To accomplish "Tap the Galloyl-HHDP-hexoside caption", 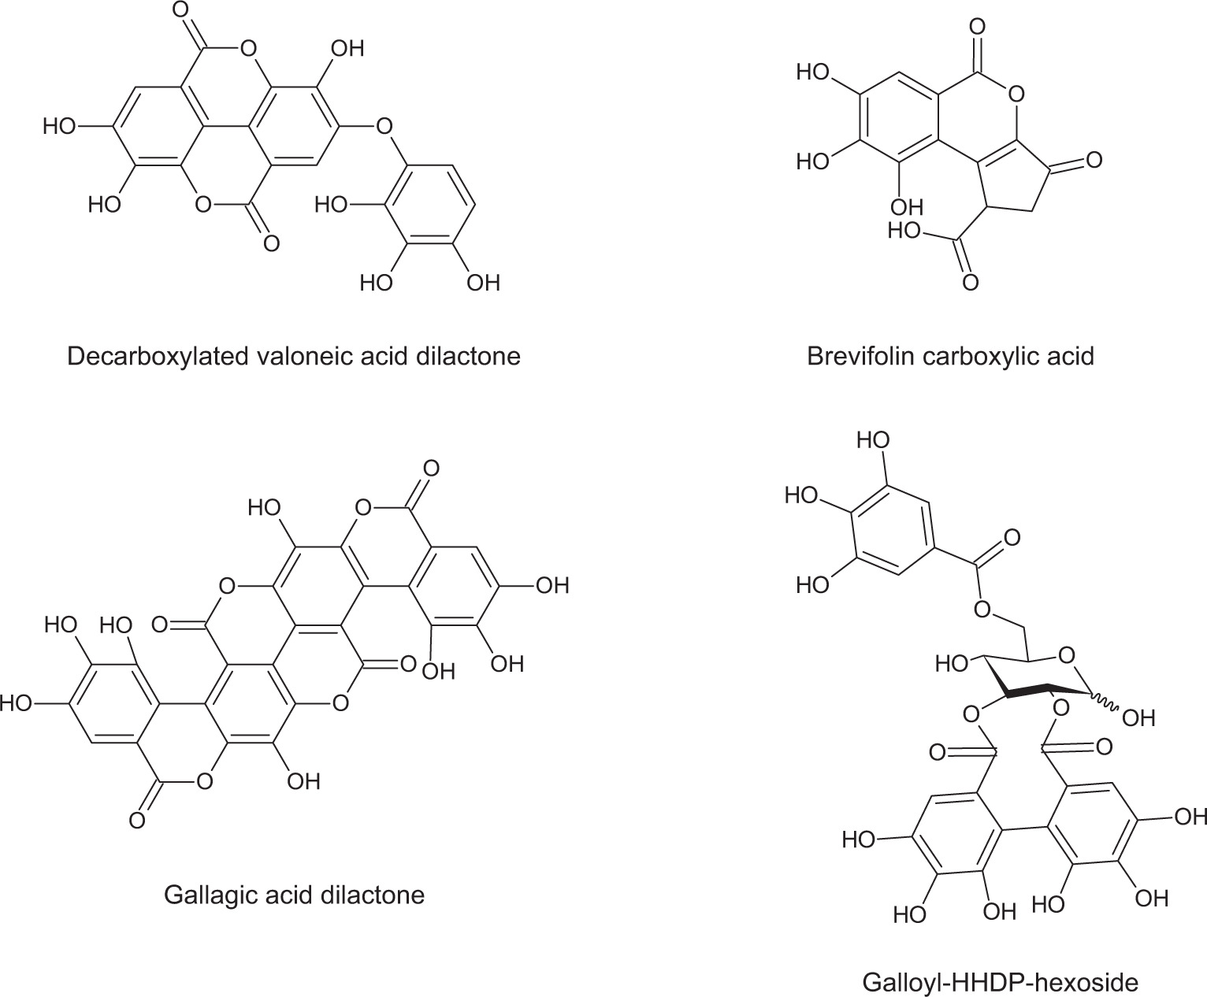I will tap(1001, 983).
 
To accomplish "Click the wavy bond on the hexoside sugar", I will tap(1105, 702).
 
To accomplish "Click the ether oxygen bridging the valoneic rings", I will tap(384, 126).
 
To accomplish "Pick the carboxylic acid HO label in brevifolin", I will tap(905, 231).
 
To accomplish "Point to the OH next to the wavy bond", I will tap(1137, 717).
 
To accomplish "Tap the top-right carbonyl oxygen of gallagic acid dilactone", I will tap(430, 469).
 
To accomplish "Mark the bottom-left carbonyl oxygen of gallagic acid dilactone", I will tap(137, 821).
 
